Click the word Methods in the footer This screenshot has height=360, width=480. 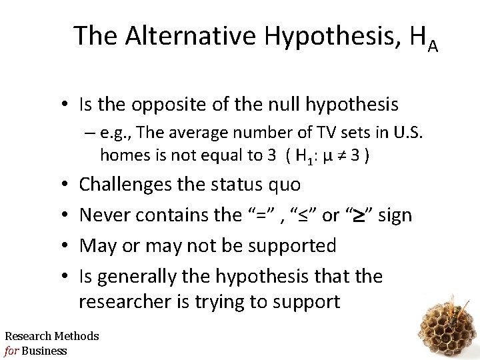pos(77,336)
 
